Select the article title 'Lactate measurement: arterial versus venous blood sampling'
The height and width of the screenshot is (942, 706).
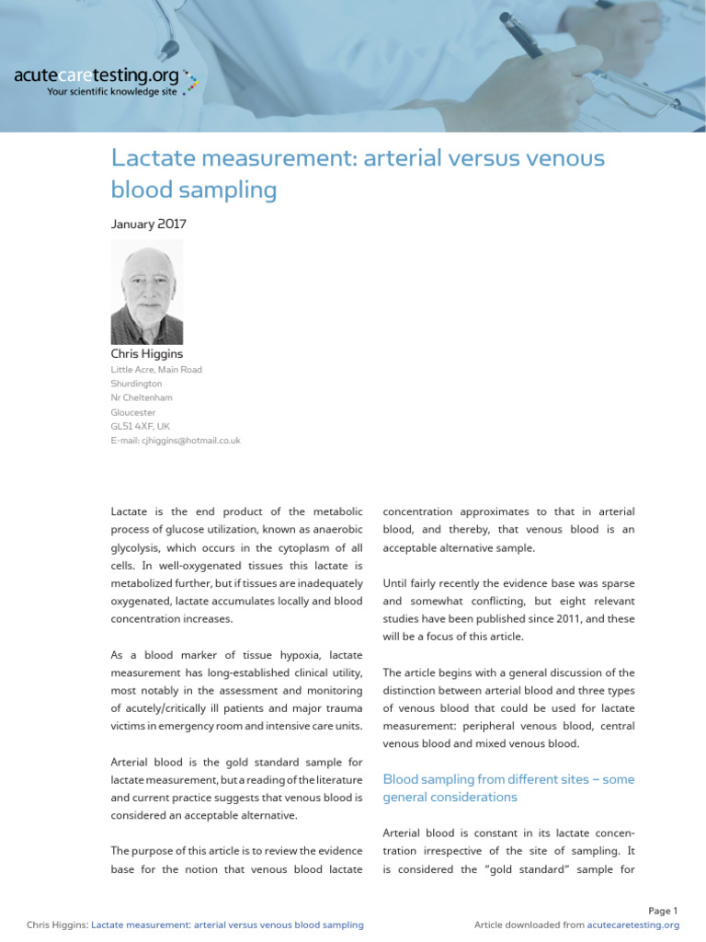[x=358, y=174]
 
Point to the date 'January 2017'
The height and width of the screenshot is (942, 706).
[x=148, y=224]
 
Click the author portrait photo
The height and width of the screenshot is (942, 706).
[x=147, y=293]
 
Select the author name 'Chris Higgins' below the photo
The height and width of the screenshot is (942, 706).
[x=147, y=353]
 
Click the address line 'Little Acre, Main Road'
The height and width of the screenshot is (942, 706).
[x=156, y=370]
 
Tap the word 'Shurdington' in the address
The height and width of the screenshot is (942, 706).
[x=136, y=384]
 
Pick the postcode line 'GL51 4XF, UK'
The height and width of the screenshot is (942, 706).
[x=140, y=427]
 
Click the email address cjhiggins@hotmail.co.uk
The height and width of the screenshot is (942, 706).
[x=176, y=441]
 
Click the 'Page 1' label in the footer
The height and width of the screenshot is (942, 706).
[x=663, y=911]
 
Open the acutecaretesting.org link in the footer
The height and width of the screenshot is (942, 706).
[x=632, y=925]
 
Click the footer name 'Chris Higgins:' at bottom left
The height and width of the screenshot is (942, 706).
[x=58, y=925]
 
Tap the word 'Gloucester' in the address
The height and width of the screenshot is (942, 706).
[x=133, y=413]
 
